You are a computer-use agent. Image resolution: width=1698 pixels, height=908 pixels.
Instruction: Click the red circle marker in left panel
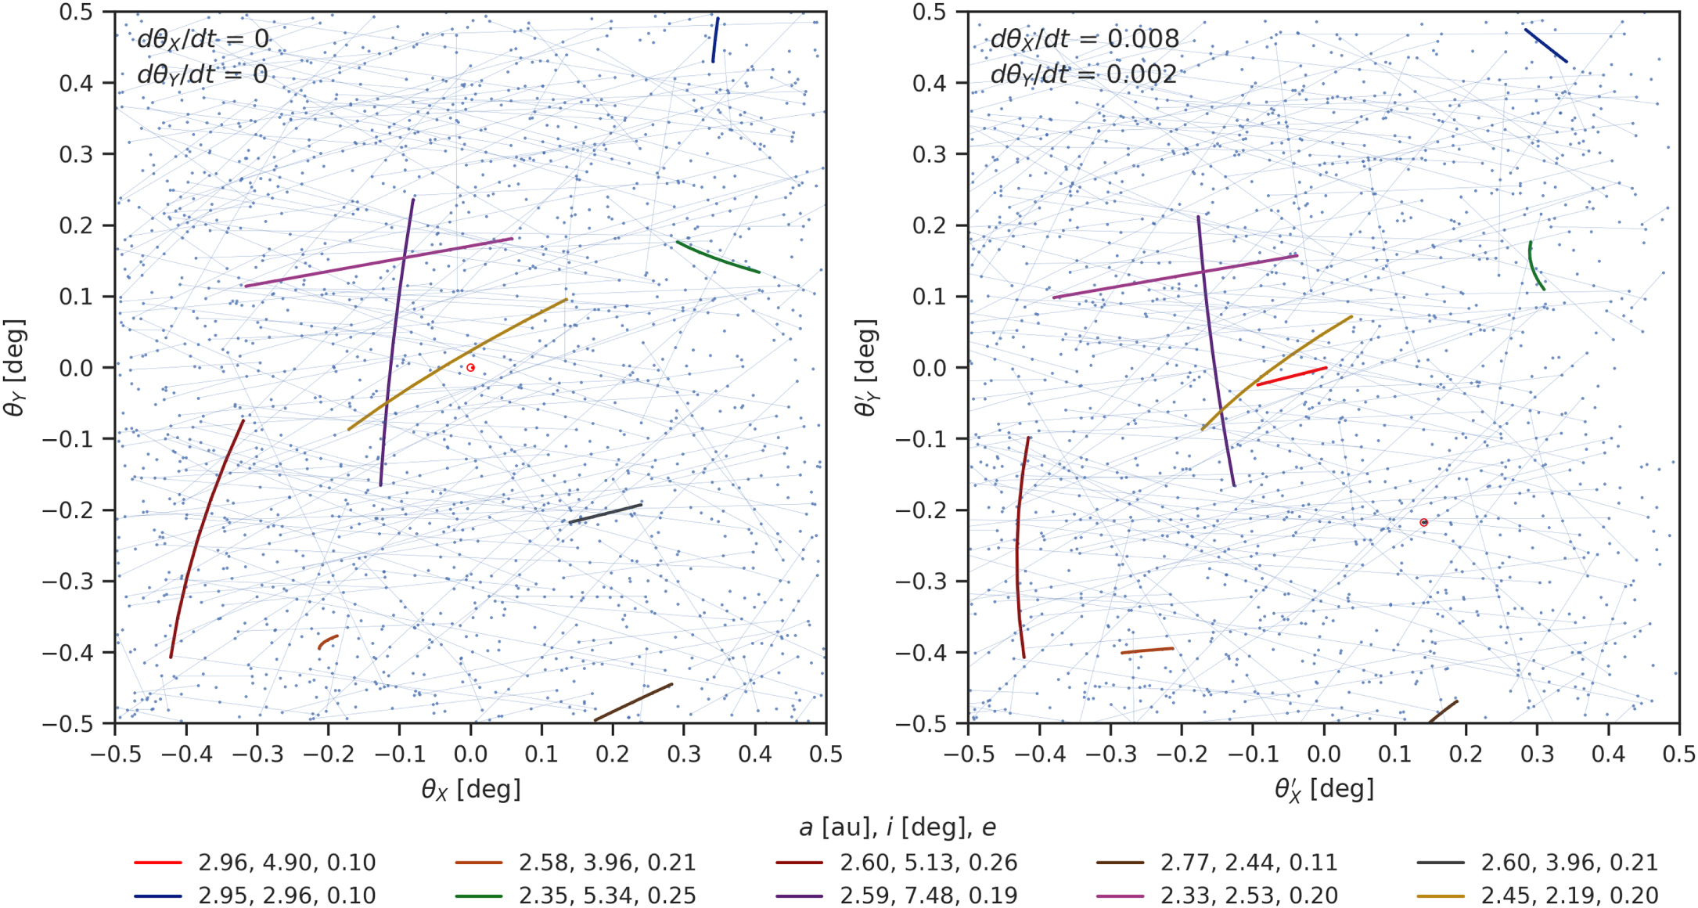point(470,367)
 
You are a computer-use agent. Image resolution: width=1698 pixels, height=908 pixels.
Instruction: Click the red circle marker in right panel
point(1423,522)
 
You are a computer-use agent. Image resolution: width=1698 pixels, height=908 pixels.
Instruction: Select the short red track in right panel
point(1291,377)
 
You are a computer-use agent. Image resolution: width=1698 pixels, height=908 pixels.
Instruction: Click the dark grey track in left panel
point(605,513)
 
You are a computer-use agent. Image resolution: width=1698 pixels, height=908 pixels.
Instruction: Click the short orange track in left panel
point(327,641)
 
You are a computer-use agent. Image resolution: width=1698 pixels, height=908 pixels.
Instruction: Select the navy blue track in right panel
point(1545,45)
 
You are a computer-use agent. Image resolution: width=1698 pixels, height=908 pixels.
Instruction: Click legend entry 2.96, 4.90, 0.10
point(286,863)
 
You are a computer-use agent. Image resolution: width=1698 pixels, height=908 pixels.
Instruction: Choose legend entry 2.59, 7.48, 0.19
point(928,895)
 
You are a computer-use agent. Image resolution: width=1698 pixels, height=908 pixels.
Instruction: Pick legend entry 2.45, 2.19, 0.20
point(1569,895)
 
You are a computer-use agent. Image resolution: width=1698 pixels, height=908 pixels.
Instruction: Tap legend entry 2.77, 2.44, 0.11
point(1248,863)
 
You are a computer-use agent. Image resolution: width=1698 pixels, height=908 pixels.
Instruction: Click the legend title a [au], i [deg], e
point(898,827)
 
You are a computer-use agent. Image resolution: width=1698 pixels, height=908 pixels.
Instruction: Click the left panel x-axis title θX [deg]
point(470,789)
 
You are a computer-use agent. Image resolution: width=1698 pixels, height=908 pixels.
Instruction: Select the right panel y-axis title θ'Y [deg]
point(866,367)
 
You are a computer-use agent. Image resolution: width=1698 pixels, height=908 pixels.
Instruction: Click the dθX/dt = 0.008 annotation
point(1084,39)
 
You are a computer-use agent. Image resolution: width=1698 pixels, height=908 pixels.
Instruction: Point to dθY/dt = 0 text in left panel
point(202,74)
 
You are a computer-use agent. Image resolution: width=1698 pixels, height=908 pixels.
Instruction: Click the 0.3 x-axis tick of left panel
point(684,754)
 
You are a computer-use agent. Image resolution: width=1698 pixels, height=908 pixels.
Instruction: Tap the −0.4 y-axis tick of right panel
point(920,652)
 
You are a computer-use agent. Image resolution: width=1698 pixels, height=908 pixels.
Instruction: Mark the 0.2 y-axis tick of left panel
point(76,225)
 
